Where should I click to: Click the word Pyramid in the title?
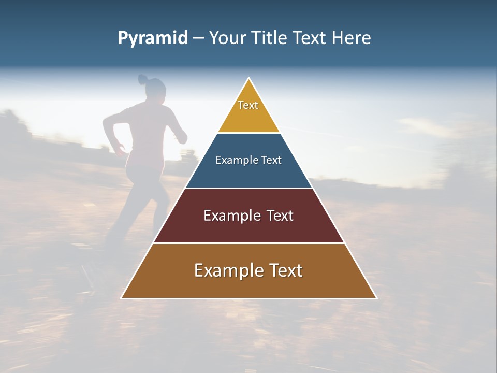pos(152,38)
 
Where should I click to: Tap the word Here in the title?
pos(351,38)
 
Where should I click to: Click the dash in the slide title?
pos(198,38)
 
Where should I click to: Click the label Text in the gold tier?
pos(248,105)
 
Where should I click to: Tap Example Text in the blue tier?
pos(248,160)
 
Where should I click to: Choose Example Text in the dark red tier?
pos(248,216)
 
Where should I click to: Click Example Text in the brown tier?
pos(248,270)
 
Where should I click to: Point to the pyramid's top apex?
pos(249,78)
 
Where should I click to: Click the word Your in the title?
pos(226,38)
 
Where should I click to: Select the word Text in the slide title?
pos(309,38)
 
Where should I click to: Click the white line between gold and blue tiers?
pos(248,133)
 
